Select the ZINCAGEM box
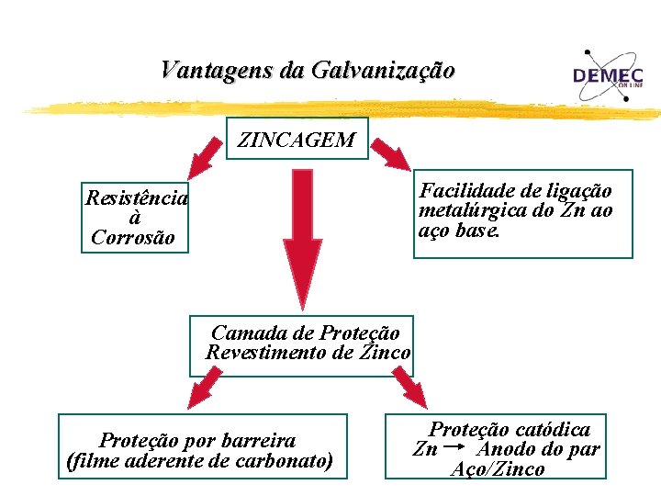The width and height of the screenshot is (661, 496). tap(297, 141)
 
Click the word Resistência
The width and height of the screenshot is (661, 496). tap(136, 197)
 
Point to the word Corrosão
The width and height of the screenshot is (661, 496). tap(135, 238)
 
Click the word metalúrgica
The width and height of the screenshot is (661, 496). tap(475, 210)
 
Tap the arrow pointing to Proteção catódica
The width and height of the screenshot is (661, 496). tap(410, 388)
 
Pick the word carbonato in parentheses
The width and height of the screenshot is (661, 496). tap(281, 460)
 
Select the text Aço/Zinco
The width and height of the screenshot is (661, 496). tap(499, 469)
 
